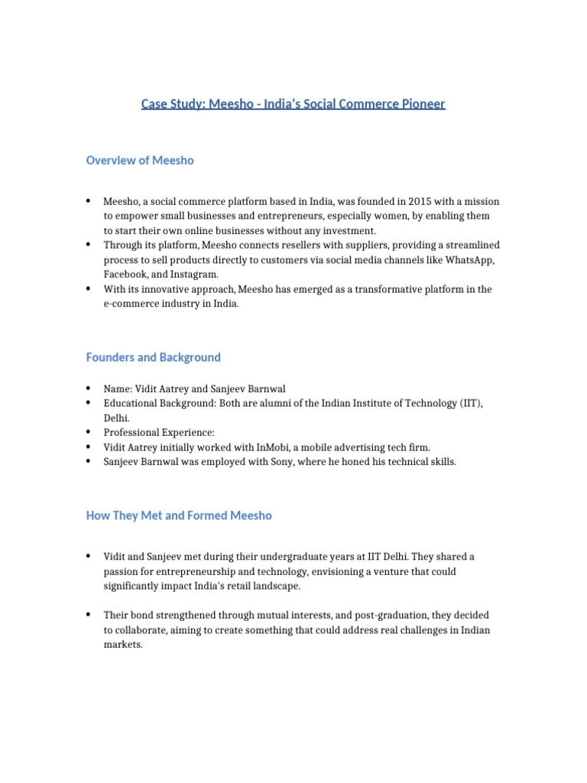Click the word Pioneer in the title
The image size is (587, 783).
pos(421,103)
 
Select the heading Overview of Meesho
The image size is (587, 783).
pos(140,160)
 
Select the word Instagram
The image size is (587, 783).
pos(196,274)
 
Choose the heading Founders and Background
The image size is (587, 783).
pos(153,357)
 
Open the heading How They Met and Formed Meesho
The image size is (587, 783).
pos(179,515)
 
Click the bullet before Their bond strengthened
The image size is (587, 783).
pos(89,615)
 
